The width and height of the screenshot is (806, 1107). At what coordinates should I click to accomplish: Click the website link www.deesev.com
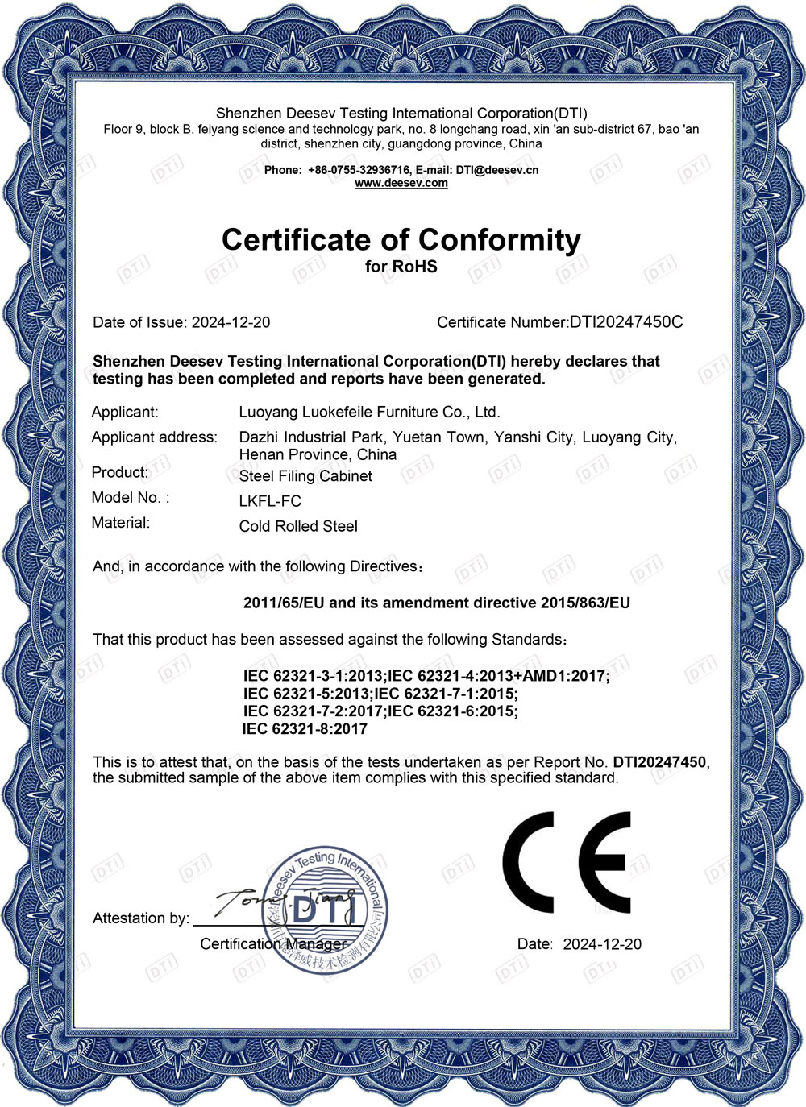tap(401, 183)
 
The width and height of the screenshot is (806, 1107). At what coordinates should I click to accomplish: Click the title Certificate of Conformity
tap(401, 239)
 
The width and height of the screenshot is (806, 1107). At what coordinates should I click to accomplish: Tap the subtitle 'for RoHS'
tap(401, 267)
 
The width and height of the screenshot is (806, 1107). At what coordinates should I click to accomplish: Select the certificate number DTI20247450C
tap(626, 322)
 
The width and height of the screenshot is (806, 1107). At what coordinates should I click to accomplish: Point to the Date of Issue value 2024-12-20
tap(231, 322)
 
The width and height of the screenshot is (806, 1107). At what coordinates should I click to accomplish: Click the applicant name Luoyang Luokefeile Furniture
tap(369, 412)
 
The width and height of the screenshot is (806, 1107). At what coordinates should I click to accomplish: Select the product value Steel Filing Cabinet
tap(305, 476)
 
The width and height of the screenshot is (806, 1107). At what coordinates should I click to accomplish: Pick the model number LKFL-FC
tap(270, 501)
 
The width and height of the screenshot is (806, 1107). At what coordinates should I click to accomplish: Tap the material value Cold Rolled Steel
tap(298, 526)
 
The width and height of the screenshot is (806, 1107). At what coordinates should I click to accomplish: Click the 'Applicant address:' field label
tap(154, 437)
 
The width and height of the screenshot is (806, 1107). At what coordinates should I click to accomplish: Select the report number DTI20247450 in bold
tap(659, 762)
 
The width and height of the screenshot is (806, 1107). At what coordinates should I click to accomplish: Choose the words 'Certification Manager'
tap(273, 944)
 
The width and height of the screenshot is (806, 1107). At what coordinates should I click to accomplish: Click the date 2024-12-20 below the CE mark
tap(602, 944)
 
